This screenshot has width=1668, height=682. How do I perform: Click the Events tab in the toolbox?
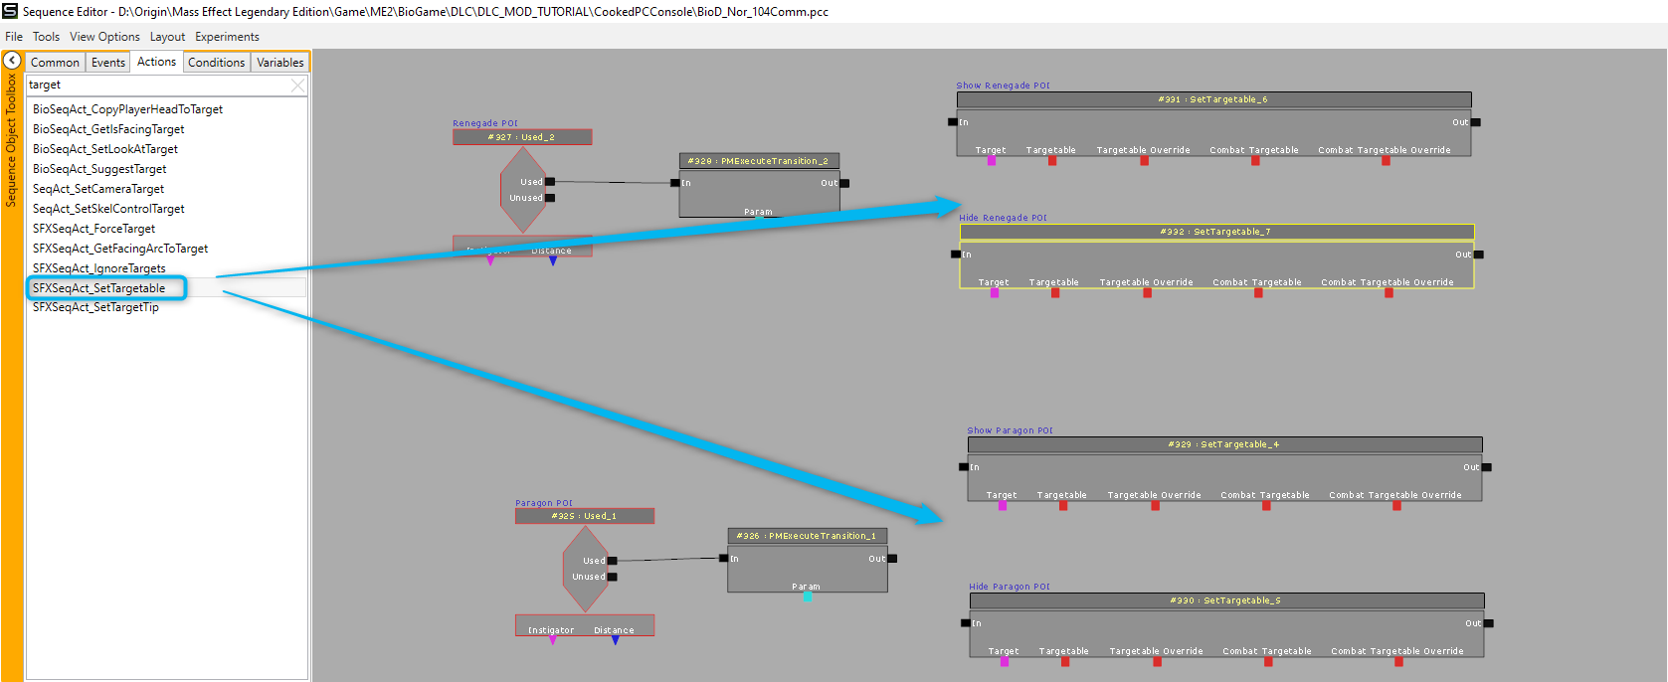coord(108,63)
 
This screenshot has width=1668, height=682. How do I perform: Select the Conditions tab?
coord(216,63)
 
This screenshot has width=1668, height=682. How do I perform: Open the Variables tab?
coord(280,63)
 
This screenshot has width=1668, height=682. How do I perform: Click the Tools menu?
coord(46,37)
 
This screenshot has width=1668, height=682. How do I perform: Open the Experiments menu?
coord(227,37)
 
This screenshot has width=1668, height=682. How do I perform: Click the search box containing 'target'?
coord(159,85)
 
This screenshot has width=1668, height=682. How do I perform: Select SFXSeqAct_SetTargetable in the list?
coord(99,288)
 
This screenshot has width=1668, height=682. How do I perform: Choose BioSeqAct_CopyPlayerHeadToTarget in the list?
coord(127,109)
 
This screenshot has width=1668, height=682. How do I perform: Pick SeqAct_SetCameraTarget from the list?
coord(98,189)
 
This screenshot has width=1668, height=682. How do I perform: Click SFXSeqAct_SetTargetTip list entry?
coord(95,307)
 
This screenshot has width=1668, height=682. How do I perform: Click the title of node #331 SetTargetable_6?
coord(1212,99)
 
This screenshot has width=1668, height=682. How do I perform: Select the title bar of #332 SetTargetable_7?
coord(1215,232)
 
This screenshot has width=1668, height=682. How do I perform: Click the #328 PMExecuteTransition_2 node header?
coord(758,161)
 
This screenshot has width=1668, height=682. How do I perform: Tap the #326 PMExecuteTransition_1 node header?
coord(807,536)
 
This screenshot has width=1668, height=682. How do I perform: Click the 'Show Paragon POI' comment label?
coord(1010,430)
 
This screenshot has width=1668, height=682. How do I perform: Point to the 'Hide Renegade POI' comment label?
coord(1003,218)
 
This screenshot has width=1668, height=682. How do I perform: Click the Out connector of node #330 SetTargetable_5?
coord(1488,623)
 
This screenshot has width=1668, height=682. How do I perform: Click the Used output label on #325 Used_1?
coord(595,561)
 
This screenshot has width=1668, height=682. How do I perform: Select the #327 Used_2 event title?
coord(521,137)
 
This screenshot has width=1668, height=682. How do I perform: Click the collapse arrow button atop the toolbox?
coord(12,61)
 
